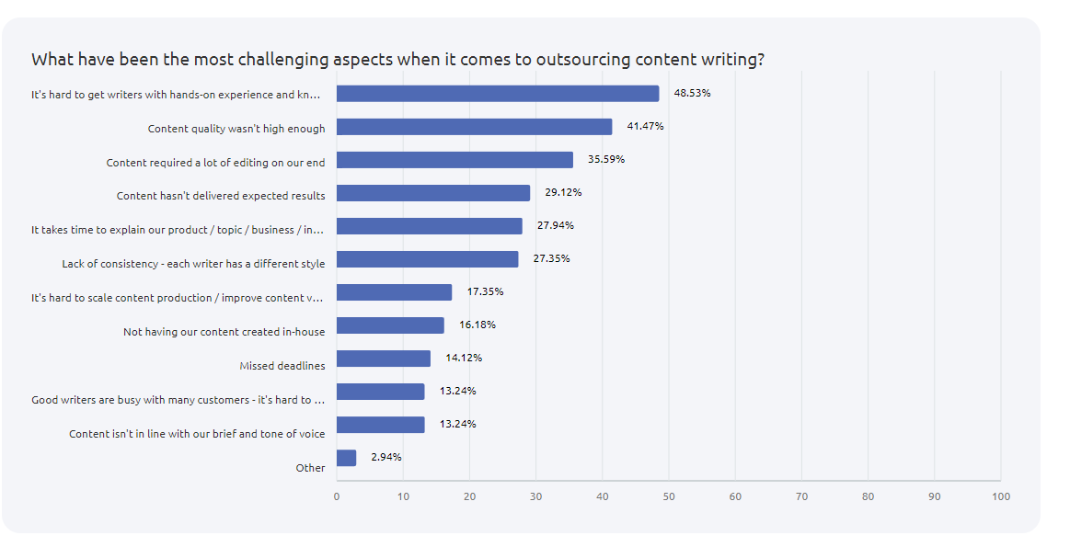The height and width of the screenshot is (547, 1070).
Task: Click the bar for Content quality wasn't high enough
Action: tap(474, 127)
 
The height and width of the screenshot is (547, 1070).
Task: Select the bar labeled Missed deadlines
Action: tap(384, 359)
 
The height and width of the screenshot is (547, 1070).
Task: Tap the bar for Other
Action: tap(346, 458)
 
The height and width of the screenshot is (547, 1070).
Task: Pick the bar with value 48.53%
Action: tap(498, 94)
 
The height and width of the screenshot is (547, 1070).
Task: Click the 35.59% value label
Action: tap(606, 159)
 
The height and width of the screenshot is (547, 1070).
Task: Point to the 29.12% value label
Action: tap(563, 192)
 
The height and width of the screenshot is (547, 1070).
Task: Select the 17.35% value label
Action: tap(485, 291)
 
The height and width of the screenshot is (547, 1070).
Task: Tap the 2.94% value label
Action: tap(386, 457)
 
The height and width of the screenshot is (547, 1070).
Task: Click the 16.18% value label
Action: tap(477, 325)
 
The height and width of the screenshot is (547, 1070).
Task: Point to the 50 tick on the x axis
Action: tap(669, 496)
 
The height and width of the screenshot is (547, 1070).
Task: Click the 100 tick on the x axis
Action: tap(1001, 496)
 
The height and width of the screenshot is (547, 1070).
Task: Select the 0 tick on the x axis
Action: tap(337, 496)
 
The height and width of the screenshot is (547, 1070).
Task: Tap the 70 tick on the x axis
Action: tap(801, 496)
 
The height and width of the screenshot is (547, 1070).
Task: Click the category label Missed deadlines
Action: tap(282, 366)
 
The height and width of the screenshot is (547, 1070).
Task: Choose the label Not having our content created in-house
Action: tap(224, 332)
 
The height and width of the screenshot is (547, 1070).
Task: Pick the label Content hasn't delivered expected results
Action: tap(221, 196)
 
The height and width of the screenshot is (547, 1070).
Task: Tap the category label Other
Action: tap(311, 468)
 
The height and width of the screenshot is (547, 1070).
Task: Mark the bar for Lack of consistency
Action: tap(427, 259)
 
